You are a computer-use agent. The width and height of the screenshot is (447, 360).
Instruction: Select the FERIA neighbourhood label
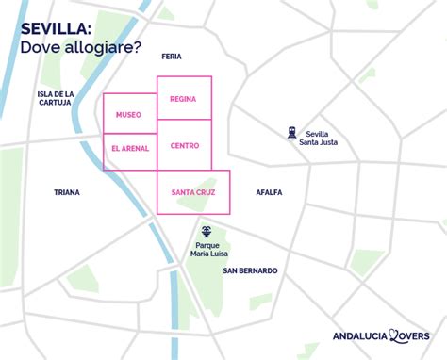[x=172, y=57]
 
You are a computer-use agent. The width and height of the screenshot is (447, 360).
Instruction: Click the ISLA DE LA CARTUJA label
[x=56, y=99]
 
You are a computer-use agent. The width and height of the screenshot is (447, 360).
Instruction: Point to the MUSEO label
[x=128, y=115]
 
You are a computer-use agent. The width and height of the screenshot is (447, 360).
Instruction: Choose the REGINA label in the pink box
[x=183, y=98]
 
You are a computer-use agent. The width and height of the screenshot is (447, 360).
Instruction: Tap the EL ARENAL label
[x=129, y=148]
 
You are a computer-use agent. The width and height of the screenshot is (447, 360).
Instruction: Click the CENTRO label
[x=185, y=146]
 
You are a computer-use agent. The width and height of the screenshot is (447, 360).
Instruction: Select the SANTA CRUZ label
[x=193, y=192]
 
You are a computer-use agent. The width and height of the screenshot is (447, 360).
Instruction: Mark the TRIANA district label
[x=67, y=192]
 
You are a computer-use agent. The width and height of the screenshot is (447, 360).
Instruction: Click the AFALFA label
[x=269, y=192]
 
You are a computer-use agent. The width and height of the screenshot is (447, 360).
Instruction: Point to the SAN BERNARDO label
[x=250, y=270]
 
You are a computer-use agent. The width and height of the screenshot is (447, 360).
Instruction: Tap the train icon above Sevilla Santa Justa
[x=292, y=132]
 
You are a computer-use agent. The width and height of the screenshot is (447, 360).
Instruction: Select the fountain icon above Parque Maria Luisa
[x=207, y=230]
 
